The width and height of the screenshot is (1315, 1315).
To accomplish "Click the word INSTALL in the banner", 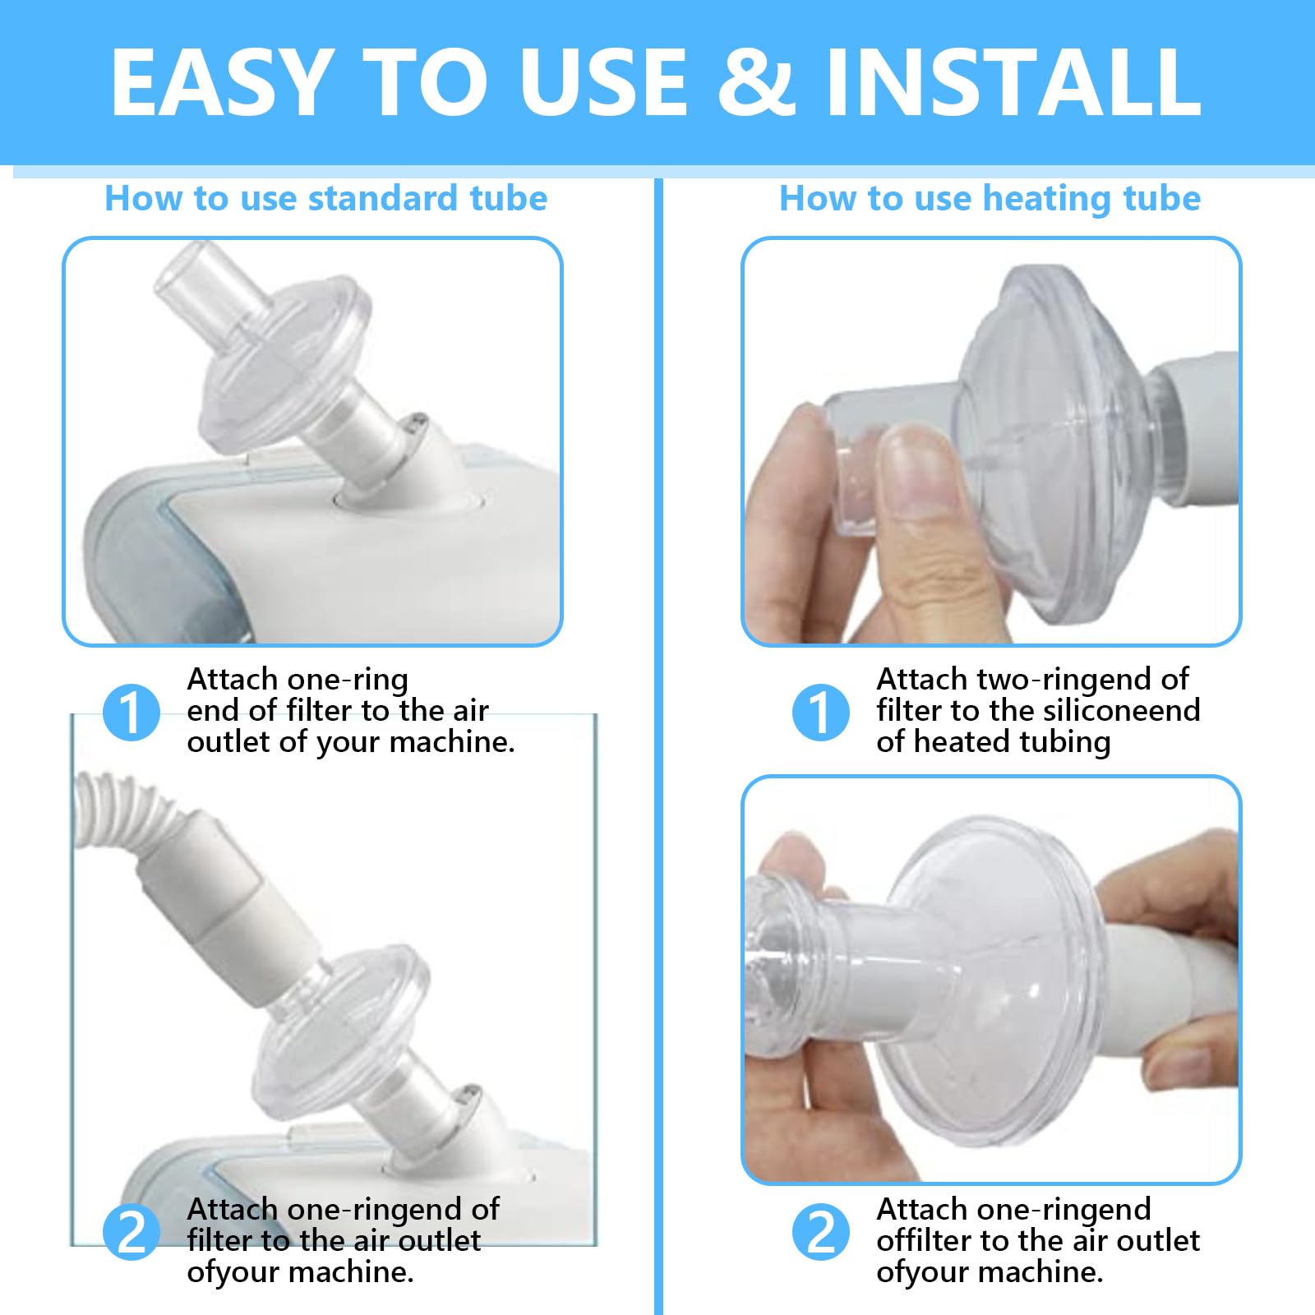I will click(x=1013, y=82).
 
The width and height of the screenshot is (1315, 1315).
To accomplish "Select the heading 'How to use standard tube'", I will click(x=325, y=199).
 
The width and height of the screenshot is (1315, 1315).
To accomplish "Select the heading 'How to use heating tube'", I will click(x=990, y=199).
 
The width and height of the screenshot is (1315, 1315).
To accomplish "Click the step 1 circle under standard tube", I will click(x=131, y=712).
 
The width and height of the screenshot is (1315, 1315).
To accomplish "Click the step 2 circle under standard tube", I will click(x=131, y=1233).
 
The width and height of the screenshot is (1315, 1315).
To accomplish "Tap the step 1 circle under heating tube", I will click(x=820, y=712).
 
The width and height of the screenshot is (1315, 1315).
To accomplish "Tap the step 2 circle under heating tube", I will click(x=820, y=1233).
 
